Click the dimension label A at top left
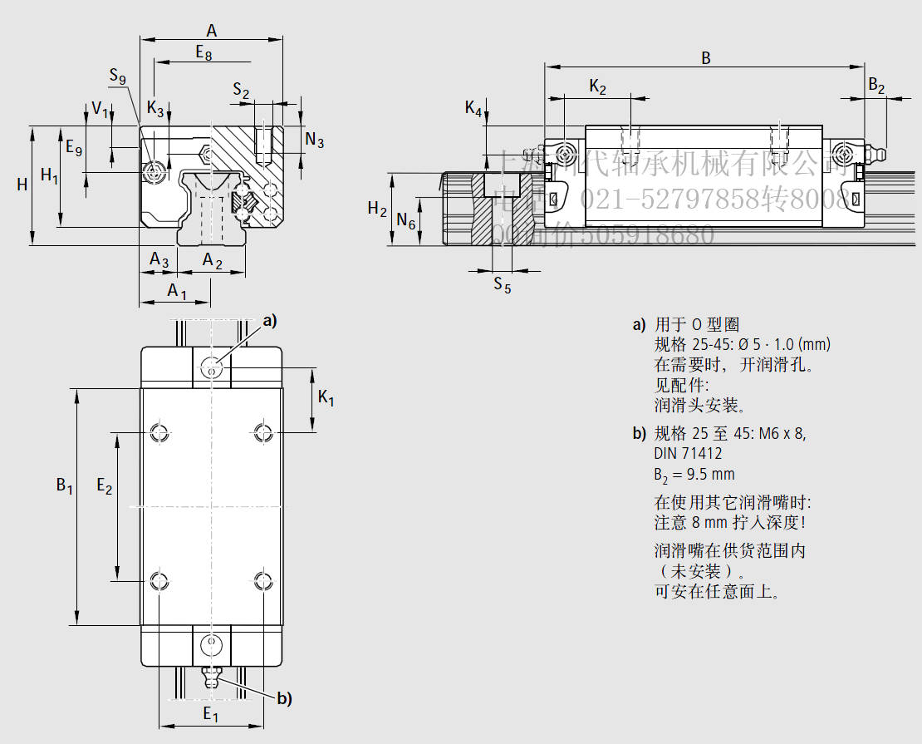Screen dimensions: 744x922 (x=212, y=30)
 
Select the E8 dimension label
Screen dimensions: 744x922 (x=204, y=52)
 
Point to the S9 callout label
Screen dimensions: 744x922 (x=118, y=77)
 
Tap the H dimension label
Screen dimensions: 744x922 (x=22, y=185)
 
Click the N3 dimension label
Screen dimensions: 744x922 (x=315, y=139)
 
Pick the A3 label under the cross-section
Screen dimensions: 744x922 (x=159, y=260)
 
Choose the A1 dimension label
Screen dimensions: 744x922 (x=177, y=290)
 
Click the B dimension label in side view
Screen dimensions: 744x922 (x=706, y=57)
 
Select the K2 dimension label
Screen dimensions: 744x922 (x=597, y=86)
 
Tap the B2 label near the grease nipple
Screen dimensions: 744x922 (x=876, y=85)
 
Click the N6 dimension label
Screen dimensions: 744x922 (x=405, y=220)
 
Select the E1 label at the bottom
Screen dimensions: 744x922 (x=210, y=714)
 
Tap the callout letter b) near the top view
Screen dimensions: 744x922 (x=284, y=699)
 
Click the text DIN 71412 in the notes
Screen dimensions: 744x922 (x=688, y=453)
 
